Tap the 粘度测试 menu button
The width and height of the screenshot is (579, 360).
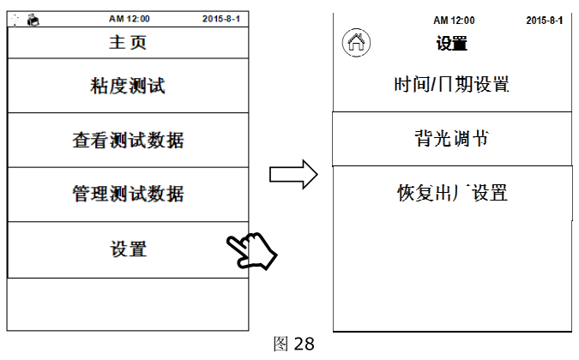127,86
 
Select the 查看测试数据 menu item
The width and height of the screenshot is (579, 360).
127,140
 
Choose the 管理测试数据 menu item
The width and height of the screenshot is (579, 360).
127,194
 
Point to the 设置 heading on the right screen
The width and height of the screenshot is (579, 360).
451,44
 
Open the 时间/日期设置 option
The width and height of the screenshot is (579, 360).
451,85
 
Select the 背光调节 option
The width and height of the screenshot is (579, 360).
451,138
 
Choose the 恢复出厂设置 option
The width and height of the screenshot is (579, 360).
451,192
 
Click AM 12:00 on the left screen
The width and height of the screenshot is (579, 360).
129,18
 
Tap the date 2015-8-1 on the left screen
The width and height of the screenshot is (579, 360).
226,18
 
